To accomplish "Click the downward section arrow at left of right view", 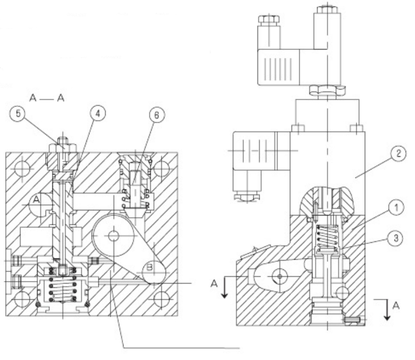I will click(x=224, y=289).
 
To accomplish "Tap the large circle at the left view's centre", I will click(x=112, y=236).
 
